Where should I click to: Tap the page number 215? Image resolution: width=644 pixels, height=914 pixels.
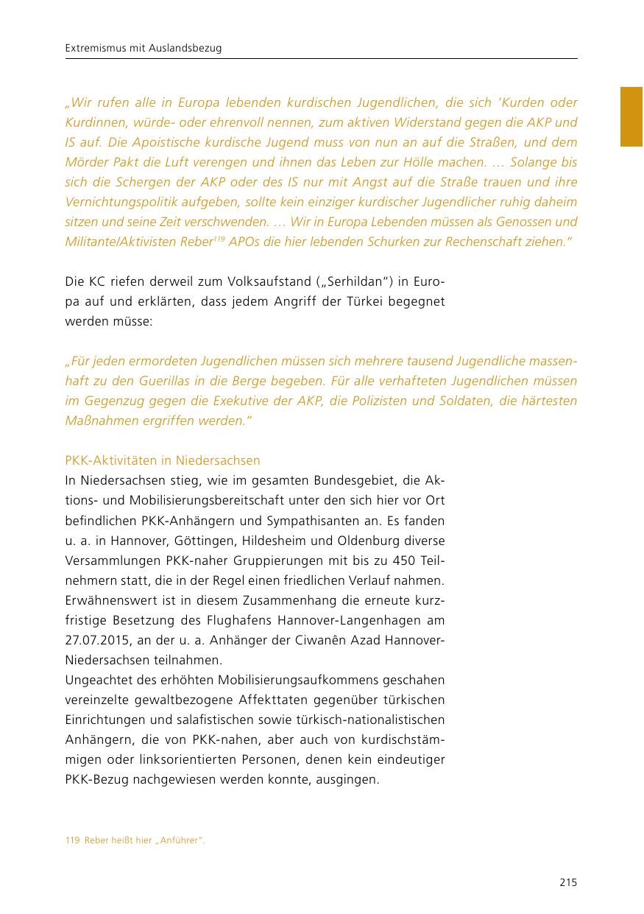pyautogui.click(x=567, y=882)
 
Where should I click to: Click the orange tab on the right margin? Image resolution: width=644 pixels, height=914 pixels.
pyautogui.click(x=632, y=116)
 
